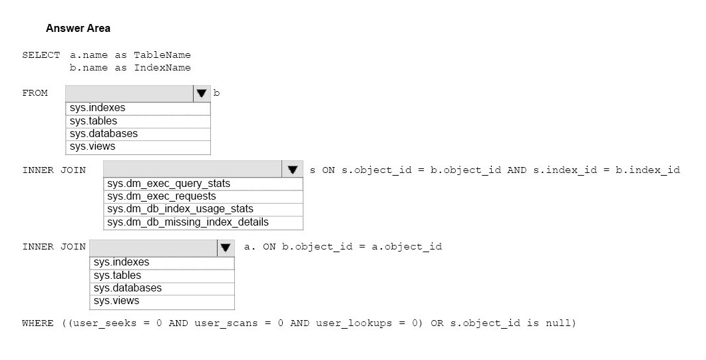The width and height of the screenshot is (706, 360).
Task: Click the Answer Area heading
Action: point(78,29)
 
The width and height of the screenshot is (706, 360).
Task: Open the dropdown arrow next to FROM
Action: point(201,93)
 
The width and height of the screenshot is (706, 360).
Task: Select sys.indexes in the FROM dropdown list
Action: point(98,108)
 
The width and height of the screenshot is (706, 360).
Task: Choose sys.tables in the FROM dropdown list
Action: point(93,121)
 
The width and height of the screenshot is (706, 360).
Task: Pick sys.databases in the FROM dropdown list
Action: point(104,134)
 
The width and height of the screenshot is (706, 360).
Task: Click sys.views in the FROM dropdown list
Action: point(92,146)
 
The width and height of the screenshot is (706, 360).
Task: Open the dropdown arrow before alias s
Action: point(293,170)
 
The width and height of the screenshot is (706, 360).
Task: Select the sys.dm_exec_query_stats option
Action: point(169,184)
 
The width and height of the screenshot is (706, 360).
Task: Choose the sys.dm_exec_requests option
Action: point(162,196)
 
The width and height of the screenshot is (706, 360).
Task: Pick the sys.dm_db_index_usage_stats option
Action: point(180,209)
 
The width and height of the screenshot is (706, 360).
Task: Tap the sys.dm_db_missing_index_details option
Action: point(188,222)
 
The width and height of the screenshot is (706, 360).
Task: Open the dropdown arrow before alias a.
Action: point(226,247)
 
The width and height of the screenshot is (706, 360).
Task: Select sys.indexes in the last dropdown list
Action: point(122,262)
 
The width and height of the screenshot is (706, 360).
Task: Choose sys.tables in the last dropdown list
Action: point(118,275)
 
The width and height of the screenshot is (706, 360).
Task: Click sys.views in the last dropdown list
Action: point(116,301)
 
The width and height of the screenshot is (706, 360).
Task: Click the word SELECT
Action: point(41,55)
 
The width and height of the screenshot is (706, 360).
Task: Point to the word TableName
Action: point(162,55)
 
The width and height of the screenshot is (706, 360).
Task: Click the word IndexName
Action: point(162,67)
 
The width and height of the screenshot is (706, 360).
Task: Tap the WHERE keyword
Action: point(38,323)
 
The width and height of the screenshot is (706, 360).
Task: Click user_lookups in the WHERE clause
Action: point(354,323)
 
